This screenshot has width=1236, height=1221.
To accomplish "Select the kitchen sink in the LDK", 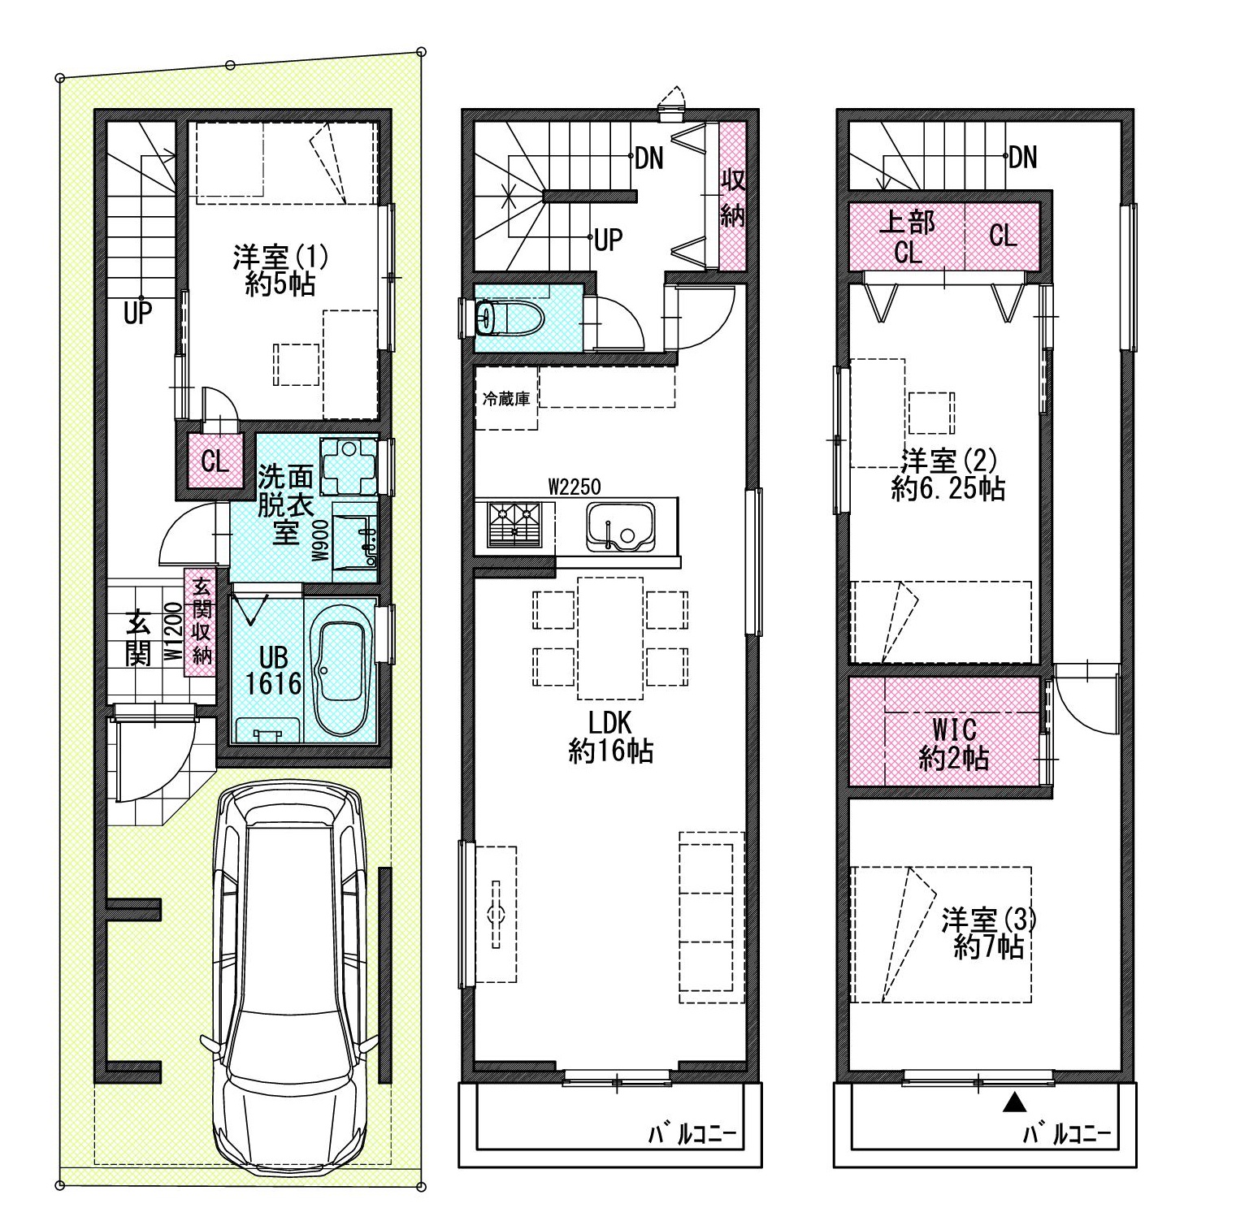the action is pyautogui.click(x=621, y=526).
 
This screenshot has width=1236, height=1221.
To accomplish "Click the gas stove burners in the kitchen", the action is pyautogui.click(x=514, y=523).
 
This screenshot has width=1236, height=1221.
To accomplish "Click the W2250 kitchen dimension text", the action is pyautogui.click(x=574, y=487).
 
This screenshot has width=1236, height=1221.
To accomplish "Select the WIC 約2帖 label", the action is pyautogui.click(x=953, y=743).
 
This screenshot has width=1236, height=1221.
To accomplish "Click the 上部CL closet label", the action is pyautogui.click(x=908, y=236).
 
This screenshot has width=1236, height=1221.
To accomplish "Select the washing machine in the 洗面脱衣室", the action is pyautogui.click(x=349, y=466).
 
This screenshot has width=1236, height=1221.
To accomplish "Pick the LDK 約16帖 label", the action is pyautogui.click(x=610, y=738).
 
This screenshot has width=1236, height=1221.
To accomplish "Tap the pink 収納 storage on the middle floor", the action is pyautogui.click(x=732, y=196).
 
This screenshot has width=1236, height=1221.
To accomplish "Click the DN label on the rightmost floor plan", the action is pyautogui.click(x=1022, y=157).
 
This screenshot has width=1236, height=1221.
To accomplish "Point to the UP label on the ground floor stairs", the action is pyautogui.click(x=137, y=313).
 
